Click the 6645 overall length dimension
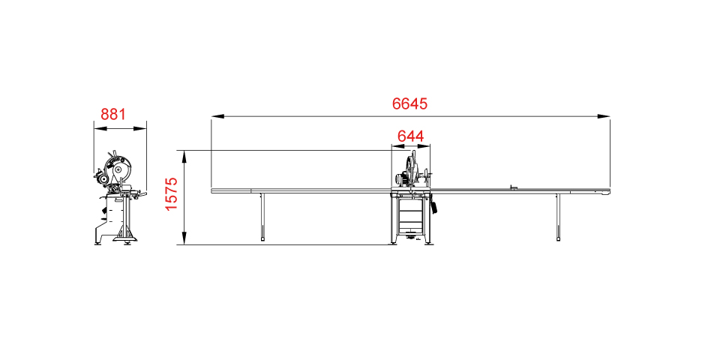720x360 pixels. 409,103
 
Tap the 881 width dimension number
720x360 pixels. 113,114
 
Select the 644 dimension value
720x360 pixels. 410,136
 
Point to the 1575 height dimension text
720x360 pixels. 171,193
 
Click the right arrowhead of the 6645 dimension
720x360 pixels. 604,117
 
